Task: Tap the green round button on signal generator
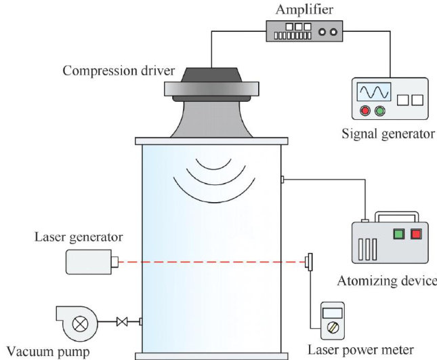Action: point(379,111)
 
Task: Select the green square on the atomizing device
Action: point(399,234)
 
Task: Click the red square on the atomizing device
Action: point(415,234)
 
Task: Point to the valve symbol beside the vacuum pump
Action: point(122,321)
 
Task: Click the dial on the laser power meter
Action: point(333,327)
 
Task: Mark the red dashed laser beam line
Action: point(210,262)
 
